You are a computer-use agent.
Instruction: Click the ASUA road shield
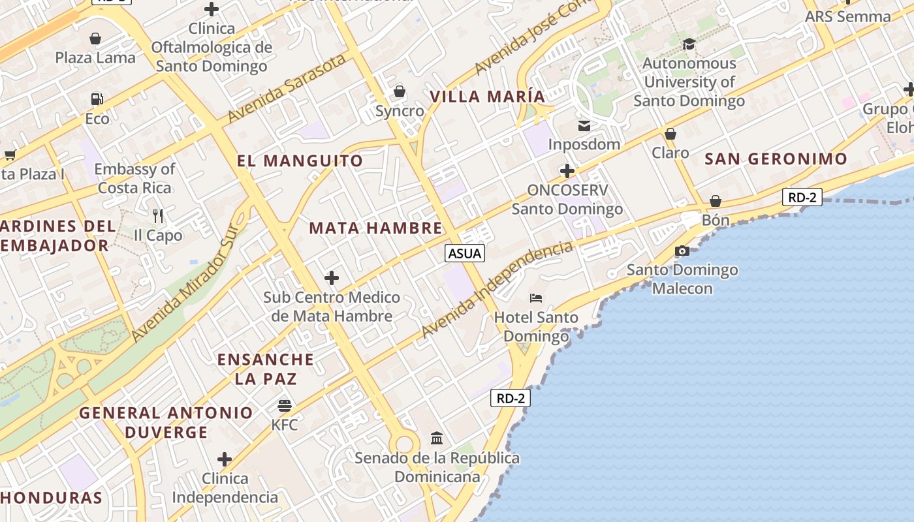(x=465, y=253)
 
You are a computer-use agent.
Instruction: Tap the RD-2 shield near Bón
(x=802, y=197)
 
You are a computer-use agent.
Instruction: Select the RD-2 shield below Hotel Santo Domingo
(x=511, y=398)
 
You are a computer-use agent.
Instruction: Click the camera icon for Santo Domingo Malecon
(x=682, y=251)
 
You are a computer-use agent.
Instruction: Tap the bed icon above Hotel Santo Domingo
(x=536, y=299)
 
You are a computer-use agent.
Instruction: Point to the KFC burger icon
(x=284, y=406)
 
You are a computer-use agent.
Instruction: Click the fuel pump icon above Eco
(x=97, y=99)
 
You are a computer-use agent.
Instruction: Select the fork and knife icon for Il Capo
(x=157, y=215)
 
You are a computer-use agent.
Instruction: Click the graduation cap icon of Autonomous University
(x=689, y=44)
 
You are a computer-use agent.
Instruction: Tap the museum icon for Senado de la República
(x=437, y=438)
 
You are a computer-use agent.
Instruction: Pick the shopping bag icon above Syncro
(x=399, y=91)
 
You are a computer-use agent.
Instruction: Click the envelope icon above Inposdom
(x=584, y=125)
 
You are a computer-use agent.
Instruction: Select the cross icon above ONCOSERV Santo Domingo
(x=567, y=172)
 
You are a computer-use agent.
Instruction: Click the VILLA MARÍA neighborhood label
(x=487, y=97)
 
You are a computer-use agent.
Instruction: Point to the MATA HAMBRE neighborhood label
(x=375, y=228)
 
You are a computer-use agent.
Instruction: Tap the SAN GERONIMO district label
(x=776, y=159)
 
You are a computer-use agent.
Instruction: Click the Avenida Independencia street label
(x=497, y=289)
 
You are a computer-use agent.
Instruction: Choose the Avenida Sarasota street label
(x=287, y=89)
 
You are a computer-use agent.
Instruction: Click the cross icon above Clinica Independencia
(x=225, y=459)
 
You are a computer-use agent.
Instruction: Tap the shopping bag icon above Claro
(x=670, y=134)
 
